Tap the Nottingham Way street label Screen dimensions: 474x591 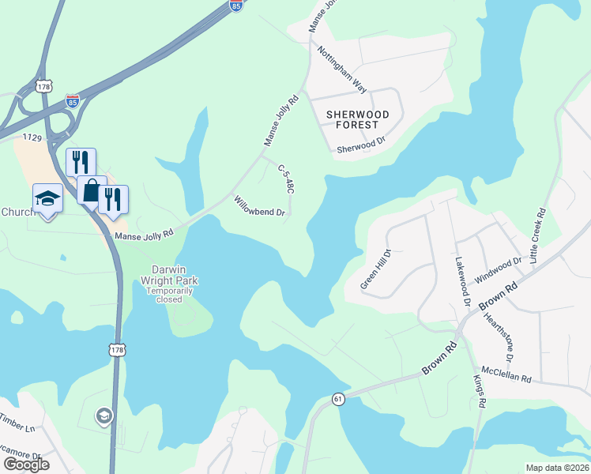point(342,69)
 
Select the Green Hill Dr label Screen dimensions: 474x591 point(376,269)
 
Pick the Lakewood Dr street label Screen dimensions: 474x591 point(462,281)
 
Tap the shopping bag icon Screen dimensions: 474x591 point(92,190)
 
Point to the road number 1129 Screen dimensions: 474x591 point(32,137)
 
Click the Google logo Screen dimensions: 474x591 point(25,465)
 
